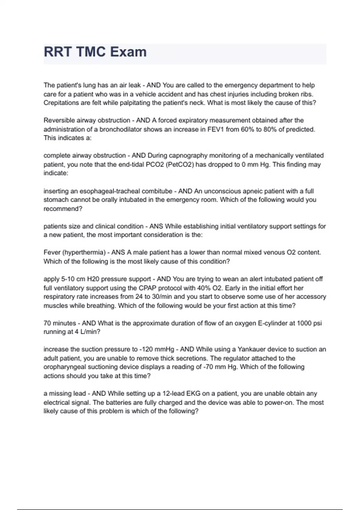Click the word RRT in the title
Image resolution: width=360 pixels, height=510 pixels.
click(58, 52)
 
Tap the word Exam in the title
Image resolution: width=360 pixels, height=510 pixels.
click(128, 52)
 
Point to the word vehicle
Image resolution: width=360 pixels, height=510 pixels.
click(145, 94)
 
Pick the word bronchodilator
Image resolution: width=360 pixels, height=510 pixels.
click(123, 129)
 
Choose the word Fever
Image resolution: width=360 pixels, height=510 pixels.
click(52, 252)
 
